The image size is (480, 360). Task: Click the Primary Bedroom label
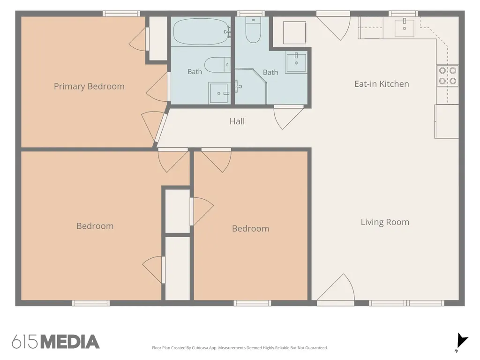(x=89, y=87)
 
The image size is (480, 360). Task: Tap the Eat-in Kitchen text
(x=382, y=84)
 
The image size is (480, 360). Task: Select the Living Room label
(x=385, y=222)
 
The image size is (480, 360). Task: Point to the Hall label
(x=237, y=121)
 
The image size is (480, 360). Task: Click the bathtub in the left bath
(x=202, y=31)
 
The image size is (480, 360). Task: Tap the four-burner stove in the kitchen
(x=447, y=75)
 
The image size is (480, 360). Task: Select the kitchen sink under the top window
(x=405, y=28)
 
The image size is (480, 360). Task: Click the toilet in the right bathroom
(x=253, y=30)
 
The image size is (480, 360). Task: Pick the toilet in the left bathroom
(x=217, y=65)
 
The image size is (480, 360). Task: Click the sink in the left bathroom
(x=219, y=93)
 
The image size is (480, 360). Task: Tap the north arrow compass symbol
(x=462, y=342)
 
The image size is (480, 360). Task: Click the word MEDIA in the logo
(x=70, y=342)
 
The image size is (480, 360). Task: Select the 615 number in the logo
(x=25, y=342)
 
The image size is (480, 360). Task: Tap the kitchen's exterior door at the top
(x=333, y=26)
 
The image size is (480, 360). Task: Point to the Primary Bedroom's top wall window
(x=121, y=14)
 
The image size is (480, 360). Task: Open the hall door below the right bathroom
(x=288, y=117)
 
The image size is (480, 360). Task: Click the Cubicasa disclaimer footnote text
(x=240, y=348)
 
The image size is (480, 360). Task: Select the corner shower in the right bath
(x=250, y=86)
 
